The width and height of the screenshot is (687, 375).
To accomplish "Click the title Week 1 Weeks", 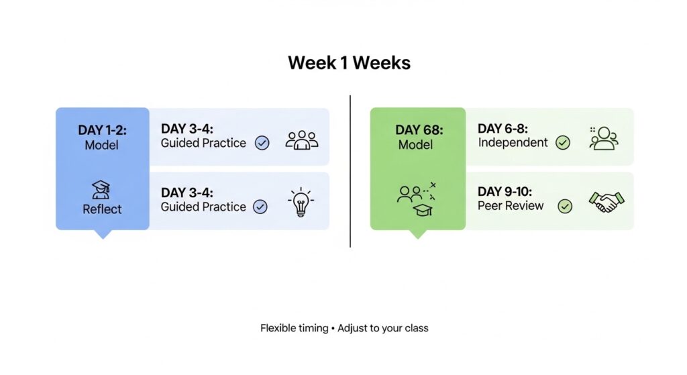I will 349,63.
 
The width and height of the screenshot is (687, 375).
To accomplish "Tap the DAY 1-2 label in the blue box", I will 102,129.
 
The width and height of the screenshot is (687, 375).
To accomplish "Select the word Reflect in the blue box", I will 102,209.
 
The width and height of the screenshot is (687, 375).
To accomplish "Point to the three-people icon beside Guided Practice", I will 301,140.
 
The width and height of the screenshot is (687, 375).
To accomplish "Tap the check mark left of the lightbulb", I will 260,207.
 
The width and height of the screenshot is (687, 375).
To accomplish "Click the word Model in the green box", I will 416,144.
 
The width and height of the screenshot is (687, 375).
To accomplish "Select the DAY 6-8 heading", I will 503,127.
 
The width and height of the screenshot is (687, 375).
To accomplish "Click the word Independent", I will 513,142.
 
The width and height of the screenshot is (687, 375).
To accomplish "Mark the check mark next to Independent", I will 563,142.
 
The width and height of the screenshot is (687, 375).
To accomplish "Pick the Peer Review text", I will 511,206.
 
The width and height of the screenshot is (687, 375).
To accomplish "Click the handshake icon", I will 606,201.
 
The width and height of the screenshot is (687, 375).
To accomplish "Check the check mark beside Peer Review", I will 566,207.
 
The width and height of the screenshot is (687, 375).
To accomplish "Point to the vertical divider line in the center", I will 350,171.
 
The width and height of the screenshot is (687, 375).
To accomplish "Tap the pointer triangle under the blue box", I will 103,234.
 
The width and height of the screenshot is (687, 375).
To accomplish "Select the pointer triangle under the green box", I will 417,234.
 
